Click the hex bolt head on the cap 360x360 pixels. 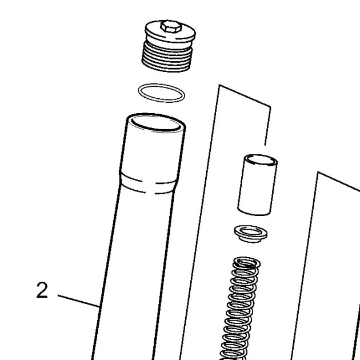click(x=171, y=27)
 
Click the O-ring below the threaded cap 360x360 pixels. click(x=161, y=93)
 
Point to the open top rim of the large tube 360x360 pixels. click(x=156, y=123)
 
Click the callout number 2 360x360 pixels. click(x=42, y=290)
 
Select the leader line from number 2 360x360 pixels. click(x=78, y=301)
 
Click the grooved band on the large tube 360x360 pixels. click(x=149, y=183)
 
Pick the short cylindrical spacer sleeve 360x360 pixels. click(x=257, y=185)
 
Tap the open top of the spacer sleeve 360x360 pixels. click(x=261, y=160)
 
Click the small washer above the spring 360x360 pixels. click(x=250, y=234)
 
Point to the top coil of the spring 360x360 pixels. click(x=247, y=262)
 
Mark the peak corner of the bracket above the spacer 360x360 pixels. click(x=219, y=85)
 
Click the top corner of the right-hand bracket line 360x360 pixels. click(x=318, y=172)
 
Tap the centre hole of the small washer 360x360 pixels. click(x=251, y=231)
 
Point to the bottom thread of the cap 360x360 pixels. click(x=166, y=67)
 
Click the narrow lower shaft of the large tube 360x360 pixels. click(x=131, y=275)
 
